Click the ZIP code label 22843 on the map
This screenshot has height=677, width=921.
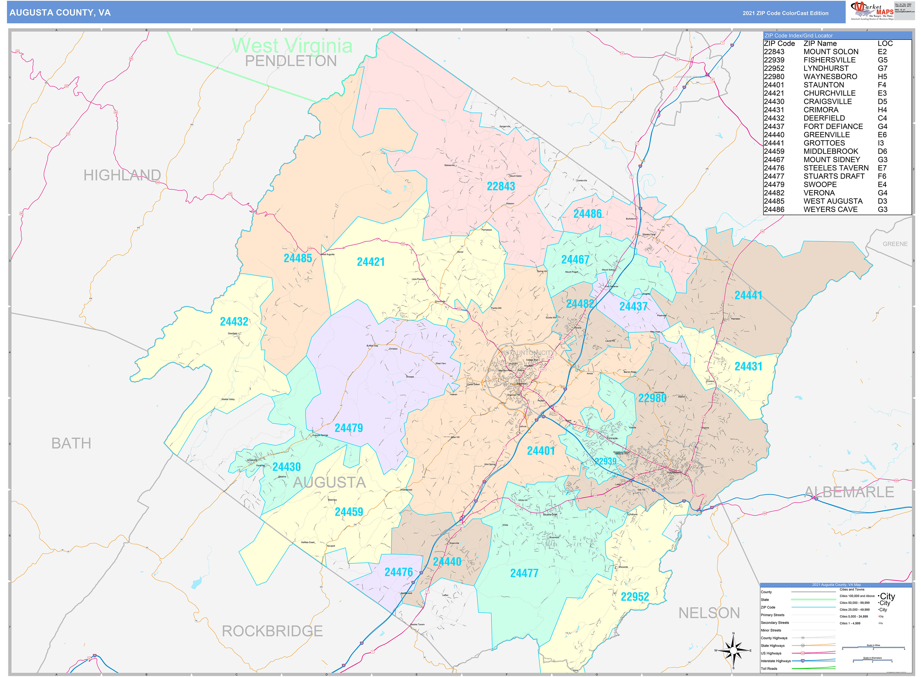501,186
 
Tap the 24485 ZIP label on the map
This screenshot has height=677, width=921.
298,258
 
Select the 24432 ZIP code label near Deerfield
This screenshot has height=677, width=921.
234,322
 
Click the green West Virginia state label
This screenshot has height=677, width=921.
292,46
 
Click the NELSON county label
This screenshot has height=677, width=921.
709,613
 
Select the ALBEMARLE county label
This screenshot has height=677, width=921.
849,492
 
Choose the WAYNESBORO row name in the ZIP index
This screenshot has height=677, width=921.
830,77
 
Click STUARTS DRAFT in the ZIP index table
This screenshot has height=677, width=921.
834,176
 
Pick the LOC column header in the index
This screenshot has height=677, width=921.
885,43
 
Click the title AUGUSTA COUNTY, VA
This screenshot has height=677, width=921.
60,13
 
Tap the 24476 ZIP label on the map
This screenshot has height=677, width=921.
398,572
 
